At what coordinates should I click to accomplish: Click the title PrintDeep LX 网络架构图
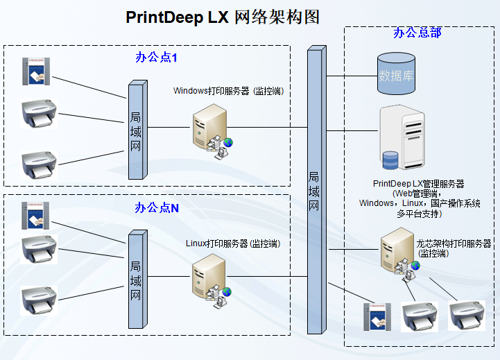[x=223, y=18]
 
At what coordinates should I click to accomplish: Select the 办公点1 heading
[x=156, y=58]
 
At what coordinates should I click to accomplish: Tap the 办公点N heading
[x=156, y=207]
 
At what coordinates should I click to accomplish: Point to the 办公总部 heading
[x=417, y=33]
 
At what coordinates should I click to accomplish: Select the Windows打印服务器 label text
[x=228, y=91]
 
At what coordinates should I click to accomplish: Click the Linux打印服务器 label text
[x=232, y=243]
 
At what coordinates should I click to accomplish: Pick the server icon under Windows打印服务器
[x=210, y=132]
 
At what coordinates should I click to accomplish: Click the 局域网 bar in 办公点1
[x=137, y=129]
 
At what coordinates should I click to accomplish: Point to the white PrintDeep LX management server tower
[x=402, y=139]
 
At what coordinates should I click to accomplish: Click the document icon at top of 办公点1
[x=35, y=73]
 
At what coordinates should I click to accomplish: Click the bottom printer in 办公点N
[x=39, y=300]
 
